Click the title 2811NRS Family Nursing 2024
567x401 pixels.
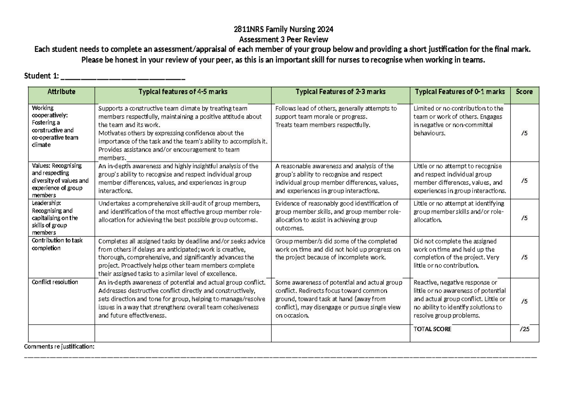click(283, 30)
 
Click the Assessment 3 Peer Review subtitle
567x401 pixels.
click(283, 39)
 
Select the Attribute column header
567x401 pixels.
click(61, 92)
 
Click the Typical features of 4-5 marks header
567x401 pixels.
click(183, 92)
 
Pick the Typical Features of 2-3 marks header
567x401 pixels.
click(340, 92)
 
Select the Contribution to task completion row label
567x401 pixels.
click(57, 244)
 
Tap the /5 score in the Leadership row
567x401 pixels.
click(524, 218)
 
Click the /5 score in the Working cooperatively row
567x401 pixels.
click(524, 133)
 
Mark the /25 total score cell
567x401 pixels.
click(524, 329)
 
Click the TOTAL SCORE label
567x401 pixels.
click(432, 329)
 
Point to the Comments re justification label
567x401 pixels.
click(59, 347)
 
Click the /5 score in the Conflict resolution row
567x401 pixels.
click(524, 301)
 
